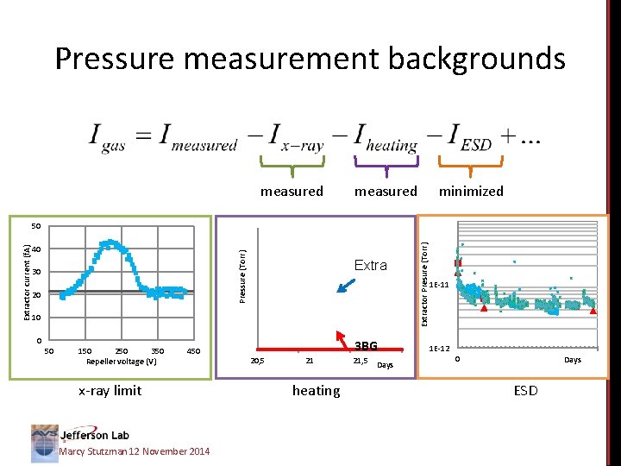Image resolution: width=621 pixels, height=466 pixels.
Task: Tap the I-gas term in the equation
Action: click(x=109, y=137)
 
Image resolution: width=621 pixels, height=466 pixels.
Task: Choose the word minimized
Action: click(x=471, y=192)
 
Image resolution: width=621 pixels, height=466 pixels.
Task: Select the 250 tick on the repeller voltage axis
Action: click(x=121, y=350)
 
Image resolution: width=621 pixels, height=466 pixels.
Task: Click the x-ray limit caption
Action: click(x=110, y=391)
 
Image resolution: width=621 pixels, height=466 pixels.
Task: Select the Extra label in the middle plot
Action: click(x=371, y=266)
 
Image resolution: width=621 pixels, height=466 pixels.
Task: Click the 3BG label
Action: click(x=366, y=346)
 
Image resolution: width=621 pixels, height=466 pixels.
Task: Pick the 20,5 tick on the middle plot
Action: click(x=257, y=360)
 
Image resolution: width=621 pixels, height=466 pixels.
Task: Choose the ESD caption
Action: click(x=525, y=391)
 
